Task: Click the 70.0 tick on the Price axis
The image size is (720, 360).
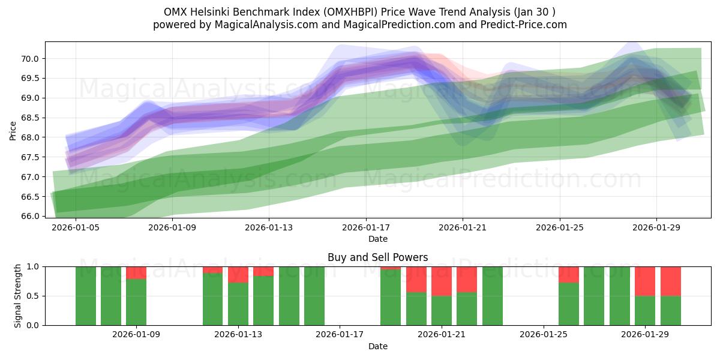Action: (30, 58)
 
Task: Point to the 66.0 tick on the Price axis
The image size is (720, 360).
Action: (30, 216)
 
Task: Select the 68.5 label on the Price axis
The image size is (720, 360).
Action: (30, 118)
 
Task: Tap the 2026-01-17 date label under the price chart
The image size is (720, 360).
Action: (365, 228)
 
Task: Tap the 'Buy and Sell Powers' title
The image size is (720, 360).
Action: (377, 257)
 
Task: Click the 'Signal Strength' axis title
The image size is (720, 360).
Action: (18, 296)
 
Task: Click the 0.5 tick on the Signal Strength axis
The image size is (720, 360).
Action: (33, 296)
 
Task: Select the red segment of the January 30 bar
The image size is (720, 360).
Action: (670, 281)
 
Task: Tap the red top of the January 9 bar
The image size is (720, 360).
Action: (136, 272)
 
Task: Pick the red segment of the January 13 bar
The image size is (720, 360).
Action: (238, 274)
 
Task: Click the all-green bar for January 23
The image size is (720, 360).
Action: (492, 296)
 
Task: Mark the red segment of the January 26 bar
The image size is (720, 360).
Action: (568, 274)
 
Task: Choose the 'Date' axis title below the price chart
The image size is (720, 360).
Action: (377, 239)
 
